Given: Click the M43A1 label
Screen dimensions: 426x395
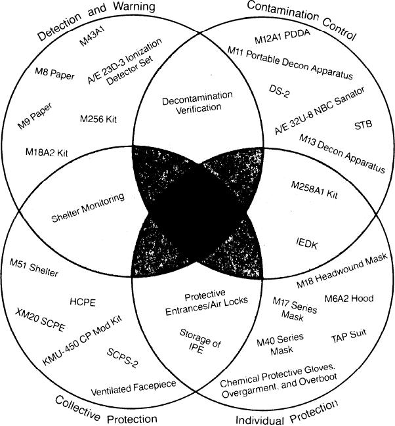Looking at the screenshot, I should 90,43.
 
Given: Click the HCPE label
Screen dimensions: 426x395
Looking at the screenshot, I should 83,302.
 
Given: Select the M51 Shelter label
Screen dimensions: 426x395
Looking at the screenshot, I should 34,270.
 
